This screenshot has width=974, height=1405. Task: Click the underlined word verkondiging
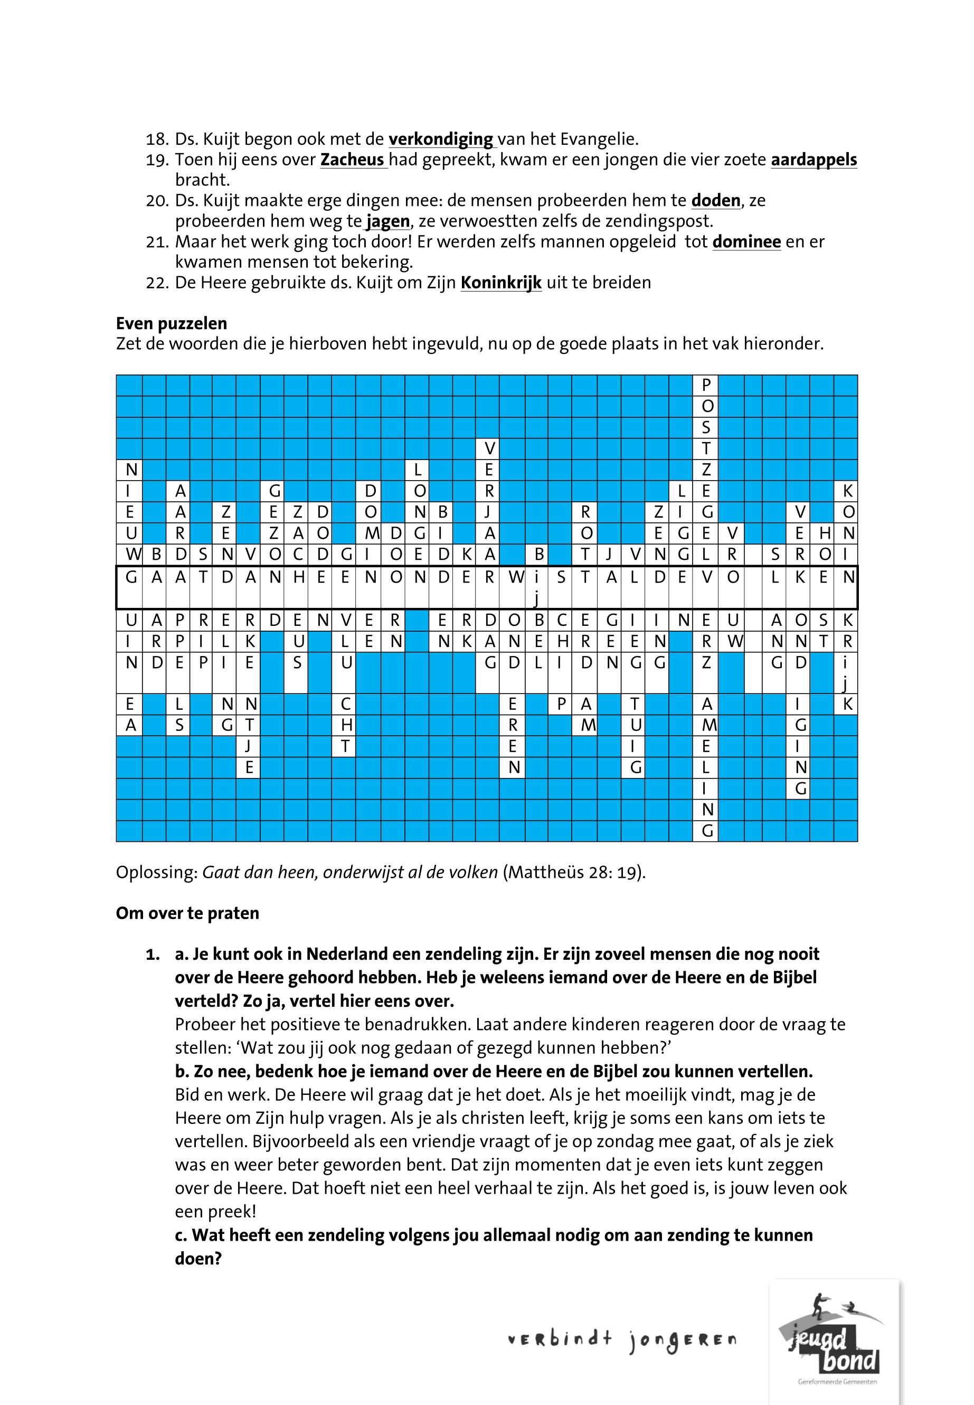coord(442,139)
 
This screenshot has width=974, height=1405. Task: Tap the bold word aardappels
coord(814,160)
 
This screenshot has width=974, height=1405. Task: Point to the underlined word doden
coord(715,200)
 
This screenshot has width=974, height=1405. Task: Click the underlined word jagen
coord(387,220)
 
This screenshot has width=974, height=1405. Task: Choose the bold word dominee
coord(746,241)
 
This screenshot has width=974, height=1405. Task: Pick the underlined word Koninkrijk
coord(500,282)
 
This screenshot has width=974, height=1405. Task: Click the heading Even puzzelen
coord(172,323)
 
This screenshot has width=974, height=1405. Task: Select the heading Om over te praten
coord(187,913)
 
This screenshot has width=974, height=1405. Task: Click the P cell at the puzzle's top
coord(706,385)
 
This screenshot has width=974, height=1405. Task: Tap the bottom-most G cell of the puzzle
coord(707,830)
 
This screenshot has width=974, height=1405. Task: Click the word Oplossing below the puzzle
coord(156,872)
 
